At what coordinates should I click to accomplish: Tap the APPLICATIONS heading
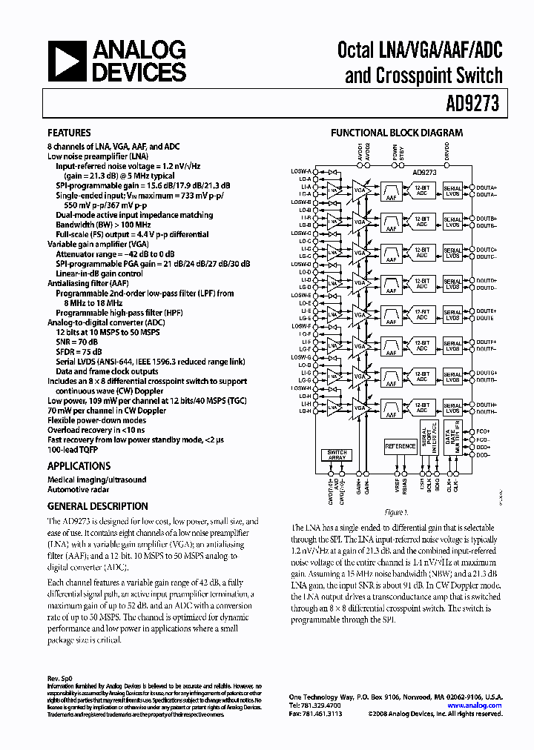click(x=79, y=466)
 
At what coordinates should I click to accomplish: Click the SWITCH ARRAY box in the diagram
click(x=336, y=455)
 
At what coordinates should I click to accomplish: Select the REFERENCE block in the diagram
click(x=400, y=446)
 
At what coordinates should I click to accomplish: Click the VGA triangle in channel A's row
click(x=360, y=189)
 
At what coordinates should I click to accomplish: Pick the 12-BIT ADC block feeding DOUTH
click(x=422, y=407)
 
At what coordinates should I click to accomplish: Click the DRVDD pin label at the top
click(x=447, y=153)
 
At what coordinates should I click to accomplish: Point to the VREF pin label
click(x=397, y=486)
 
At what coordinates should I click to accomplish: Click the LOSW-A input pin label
click(x=301, y=172)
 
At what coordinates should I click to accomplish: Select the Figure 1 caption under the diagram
click(x=397, y=513)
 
